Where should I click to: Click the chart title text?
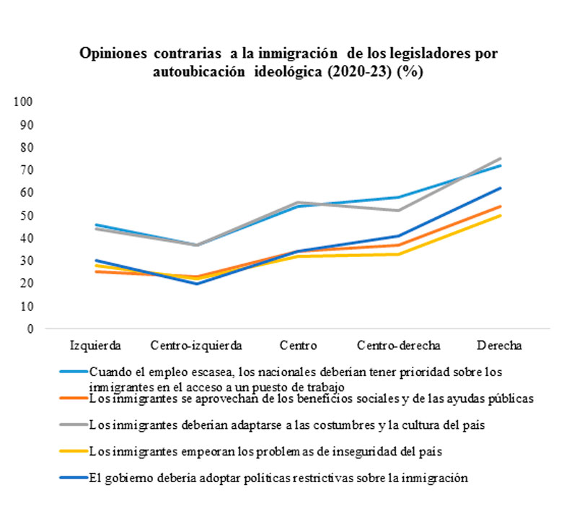point(288,63)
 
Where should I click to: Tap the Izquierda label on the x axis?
point(95,344)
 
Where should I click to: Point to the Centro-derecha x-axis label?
point(399,344)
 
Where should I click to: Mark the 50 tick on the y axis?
point(27,215)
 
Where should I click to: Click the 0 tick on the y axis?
point(30,329)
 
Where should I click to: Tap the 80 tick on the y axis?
point(27,147)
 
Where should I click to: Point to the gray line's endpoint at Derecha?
point(501,158)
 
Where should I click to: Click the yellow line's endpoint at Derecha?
point(501,215)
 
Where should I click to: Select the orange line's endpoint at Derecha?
point(501,206)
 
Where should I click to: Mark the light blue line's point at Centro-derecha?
point(399,197)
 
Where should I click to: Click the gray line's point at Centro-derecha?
point(399,211)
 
